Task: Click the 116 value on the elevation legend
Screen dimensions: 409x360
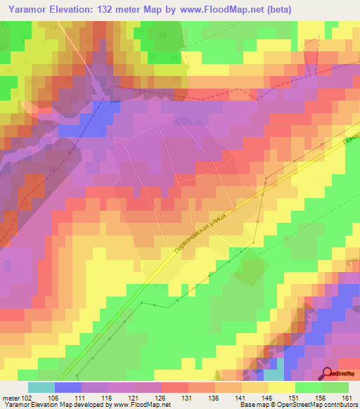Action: [108, 398]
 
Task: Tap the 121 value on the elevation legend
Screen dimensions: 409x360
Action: [134, 398]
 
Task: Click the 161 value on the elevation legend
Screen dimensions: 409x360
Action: [347, 398]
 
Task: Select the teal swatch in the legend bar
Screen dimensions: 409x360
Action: [41, 387]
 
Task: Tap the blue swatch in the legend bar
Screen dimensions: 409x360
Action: [67, 387]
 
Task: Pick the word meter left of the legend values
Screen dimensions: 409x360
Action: [11, 398]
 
